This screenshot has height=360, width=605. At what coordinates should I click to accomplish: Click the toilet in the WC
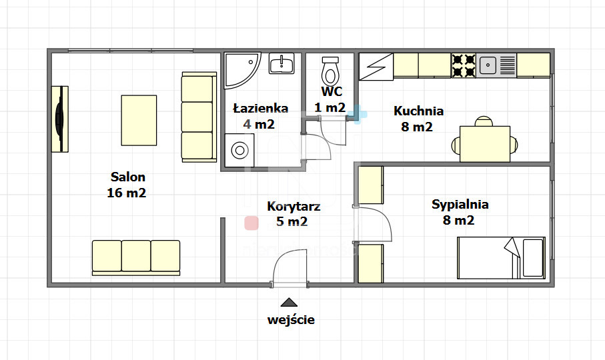pos(330,72)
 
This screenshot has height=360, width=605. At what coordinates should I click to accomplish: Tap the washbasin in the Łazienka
pos(281,63)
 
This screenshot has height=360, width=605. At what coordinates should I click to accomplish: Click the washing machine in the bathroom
pos(239,150)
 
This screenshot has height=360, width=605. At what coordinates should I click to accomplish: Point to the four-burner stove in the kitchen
pos(464,65)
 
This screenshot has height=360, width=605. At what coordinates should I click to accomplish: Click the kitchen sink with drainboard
pos(496,65)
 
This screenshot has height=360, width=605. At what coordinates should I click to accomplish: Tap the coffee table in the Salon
pos(139,120)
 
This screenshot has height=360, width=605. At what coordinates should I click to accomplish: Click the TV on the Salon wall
pos(60,119)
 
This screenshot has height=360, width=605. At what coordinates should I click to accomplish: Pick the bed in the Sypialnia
pos(501,258)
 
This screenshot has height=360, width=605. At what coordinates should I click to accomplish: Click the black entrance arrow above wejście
pos(289,302)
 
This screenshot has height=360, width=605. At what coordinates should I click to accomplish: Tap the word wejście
pos(291,320)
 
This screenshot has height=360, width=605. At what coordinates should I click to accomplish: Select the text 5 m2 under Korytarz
pos(292,221)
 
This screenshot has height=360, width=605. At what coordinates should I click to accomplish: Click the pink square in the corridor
pos(251,223)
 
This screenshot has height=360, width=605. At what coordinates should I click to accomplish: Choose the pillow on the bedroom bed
pos(533,257)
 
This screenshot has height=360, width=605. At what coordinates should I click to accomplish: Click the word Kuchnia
pos(419,111)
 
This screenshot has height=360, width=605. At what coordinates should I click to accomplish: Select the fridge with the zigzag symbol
pos(376,67)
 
